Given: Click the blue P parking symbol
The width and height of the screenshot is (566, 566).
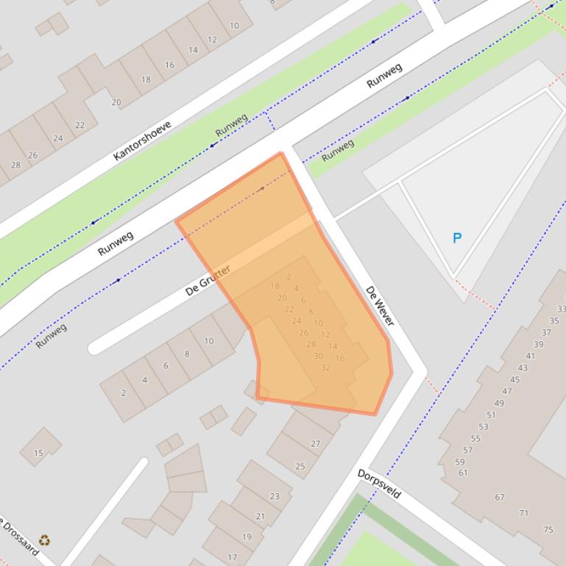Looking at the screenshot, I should pyautogui.click(x=457, y=238).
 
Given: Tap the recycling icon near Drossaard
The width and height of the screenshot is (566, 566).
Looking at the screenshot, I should pyautogui.click(x=45, y=541).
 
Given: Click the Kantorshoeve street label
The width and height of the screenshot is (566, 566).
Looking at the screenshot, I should pyautogui.click(x=142, y=140).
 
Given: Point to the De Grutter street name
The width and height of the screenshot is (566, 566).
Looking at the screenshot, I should pyautogui.click(x=208, y=279).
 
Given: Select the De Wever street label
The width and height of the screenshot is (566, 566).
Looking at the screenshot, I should pyautogui.click(x=380, y=307).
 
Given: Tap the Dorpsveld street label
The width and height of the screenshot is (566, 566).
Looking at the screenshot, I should pyautogui.click(x=379, y=484).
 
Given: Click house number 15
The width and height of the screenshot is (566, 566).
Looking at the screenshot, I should pyautogui.click(x=38, y=453).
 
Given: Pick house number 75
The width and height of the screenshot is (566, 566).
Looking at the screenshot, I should pyautogui.click(x=548, y=529).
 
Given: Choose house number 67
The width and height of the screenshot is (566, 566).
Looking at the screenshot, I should pyautogui.click(x=500, y=497).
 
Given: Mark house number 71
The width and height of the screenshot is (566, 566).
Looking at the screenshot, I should pyautogui.click(x=523, y=513).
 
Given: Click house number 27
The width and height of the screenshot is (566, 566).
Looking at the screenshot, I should pyautogui.click(x=316, y=443).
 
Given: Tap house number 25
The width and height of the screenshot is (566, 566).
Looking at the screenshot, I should pyautogui.click(x=300, y=466).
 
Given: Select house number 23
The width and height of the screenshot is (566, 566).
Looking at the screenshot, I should pyautogui.click(x=275, y=496).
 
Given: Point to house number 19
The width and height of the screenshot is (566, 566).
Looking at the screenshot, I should pyautogui.click(x=247, y=537).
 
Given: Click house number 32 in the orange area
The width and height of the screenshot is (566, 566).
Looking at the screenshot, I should pyautogui.click(x=325, y=368).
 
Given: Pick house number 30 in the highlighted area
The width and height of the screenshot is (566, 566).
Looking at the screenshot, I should pyautogui.click(x=318, y=356).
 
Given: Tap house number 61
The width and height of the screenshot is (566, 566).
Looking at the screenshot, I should pyautogui.click(x=463, y=473).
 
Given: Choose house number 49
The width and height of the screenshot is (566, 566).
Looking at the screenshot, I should pyautogui.click(x=499, y=403).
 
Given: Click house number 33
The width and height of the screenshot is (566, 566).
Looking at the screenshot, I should pyautogui.click(x=562, y=309).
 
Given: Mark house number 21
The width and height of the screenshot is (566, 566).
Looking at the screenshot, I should pyautogui.click(x=260, y=516).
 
